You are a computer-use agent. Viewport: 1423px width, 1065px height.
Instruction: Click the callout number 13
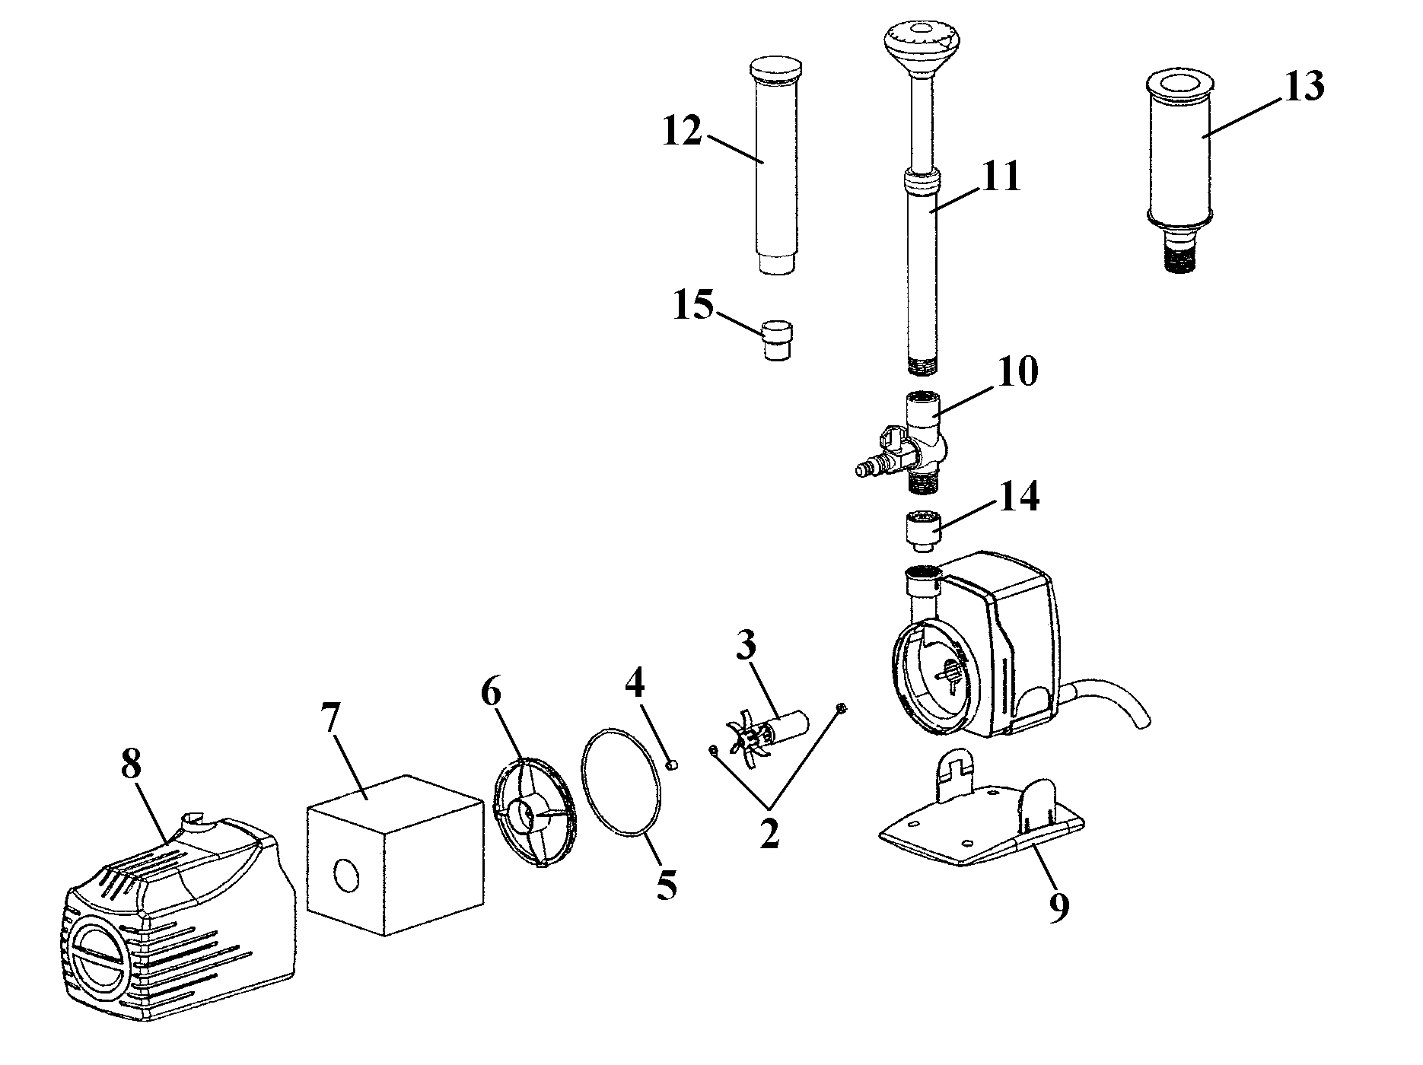(x=1304, y=87)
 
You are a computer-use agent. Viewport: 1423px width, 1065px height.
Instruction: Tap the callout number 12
(x=682, y=131)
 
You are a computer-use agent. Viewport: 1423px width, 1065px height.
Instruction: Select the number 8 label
(x=131, y=765)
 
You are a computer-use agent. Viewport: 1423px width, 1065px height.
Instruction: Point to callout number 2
(x=769, y=835)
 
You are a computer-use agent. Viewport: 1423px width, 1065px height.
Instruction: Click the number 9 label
(x=1059, y=907)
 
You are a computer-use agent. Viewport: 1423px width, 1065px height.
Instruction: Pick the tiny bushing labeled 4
(x=672, y=765)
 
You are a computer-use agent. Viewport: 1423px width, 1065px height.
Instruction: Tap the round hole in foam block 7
(x=345, y=876)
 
